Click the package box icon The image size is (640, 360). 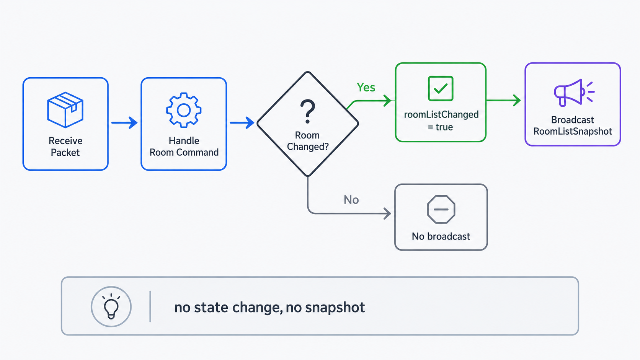tap(65, 110)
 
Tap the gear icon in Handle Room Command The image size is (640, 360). tap(184, 110)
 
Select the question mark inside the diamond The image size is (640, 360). tap(307, 111)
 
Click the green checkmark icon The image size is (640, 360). tap(440, 88)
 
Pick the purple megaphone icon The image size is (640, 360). tap(574, 93)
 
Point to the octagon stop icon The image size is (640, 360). tap(441, 209)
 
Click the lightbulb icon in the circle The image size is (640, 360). tap(111, 306)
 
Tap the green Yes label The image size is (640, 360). tap(366, 87)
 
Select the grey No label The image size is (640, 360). tap(351, 200)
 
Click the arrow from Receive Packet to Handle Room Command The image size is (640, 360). tap(124, 122)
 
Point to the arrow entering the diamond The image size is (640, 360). tap(242, 122)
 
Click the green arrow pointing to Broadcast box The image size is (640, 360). tap(503, 101)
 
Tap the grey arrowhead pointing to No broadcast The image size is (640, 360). tap(387, 213)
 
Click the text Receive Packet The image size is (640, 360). tap(65, 147)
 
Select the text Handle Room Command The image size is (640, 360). tap(184, 147)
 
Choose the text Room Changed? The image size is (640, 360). tap(308, 141)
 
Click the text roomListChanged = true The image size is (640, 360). tap(441, 121)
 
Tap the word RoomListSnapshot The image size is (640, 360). tap(573, 131)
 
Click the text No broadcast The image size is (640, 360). tap(441, 236)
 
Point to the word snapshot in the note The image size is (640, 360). tap(335, 308)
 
